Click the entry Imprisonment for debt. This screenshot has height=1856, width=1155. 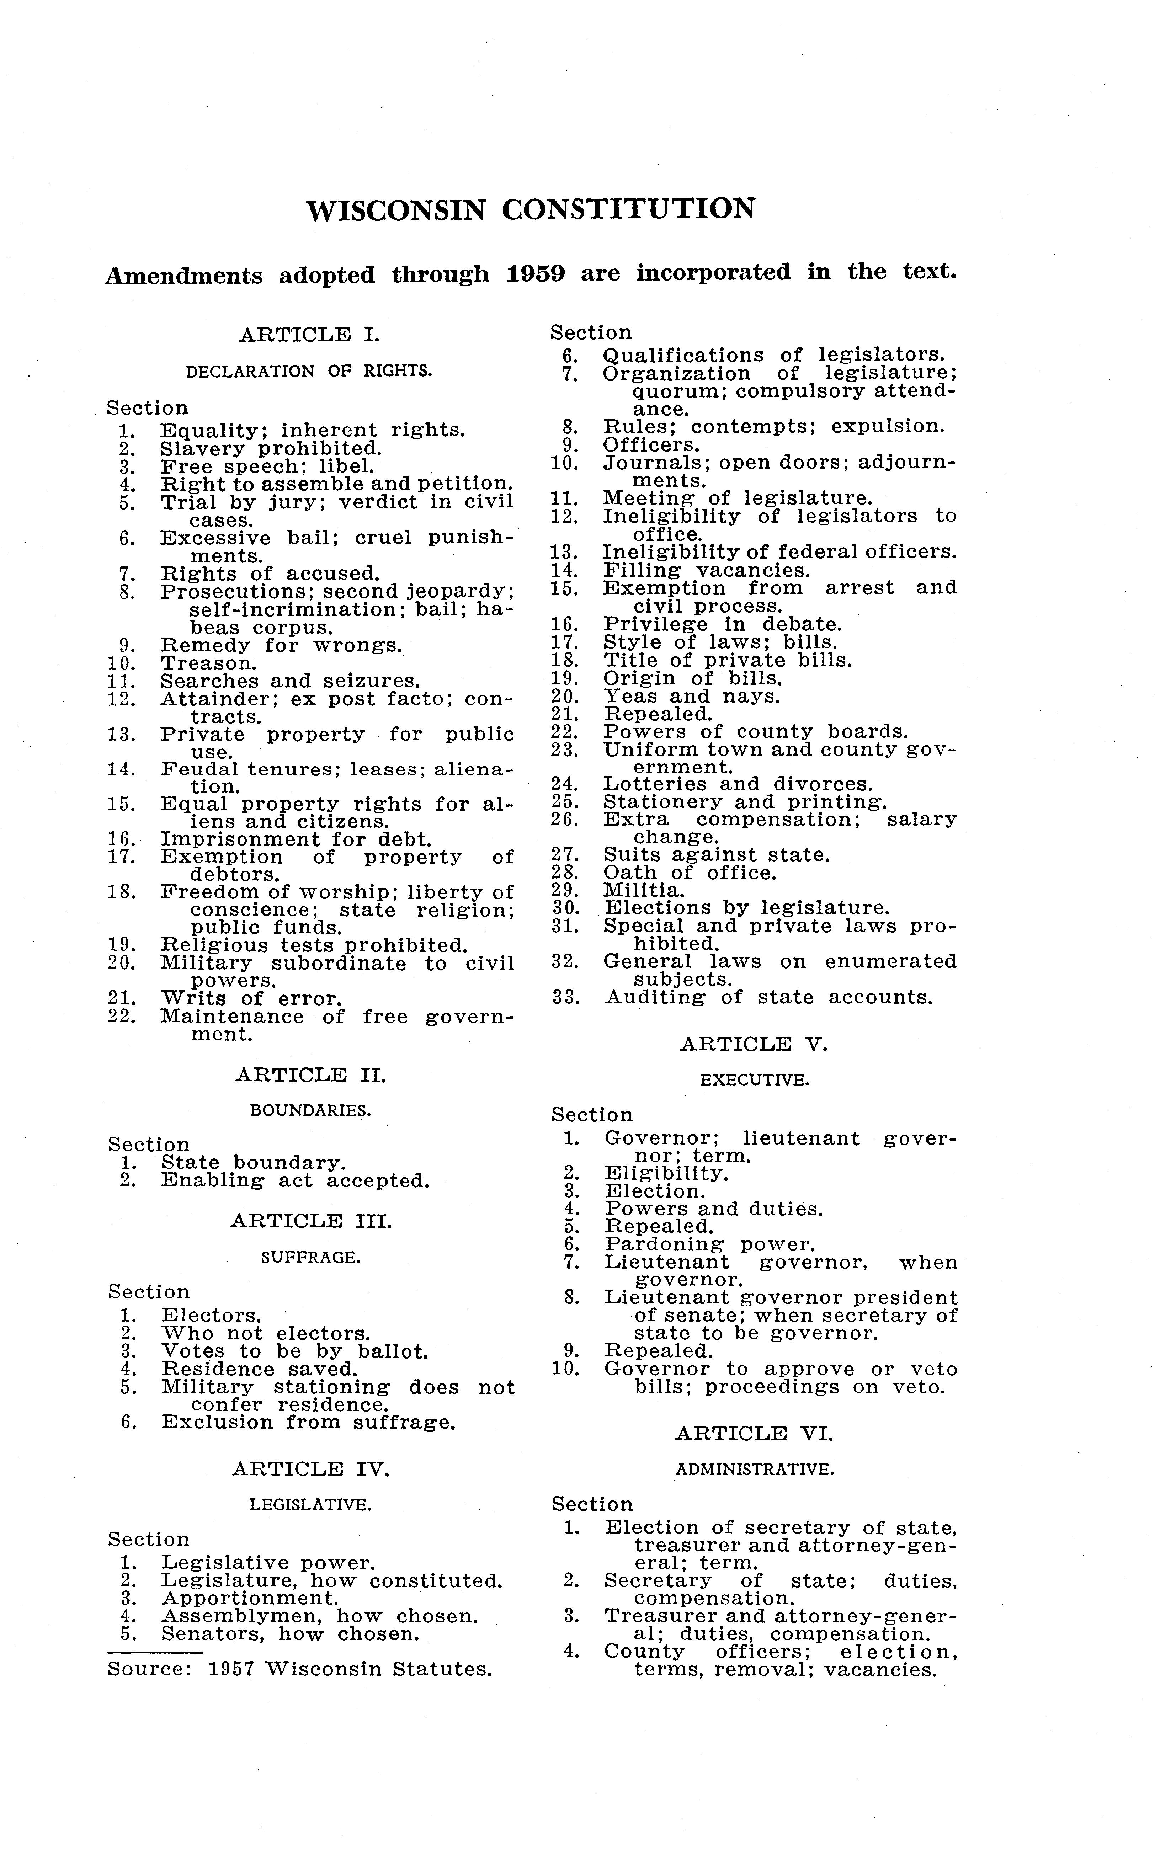point(296,839)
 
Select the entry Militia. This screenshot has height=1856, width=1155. point(644,891)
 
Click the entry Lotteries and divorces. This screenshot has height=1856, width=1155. point(738,784)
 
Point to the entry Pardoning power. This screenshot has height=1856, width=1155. point(710,1245)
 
